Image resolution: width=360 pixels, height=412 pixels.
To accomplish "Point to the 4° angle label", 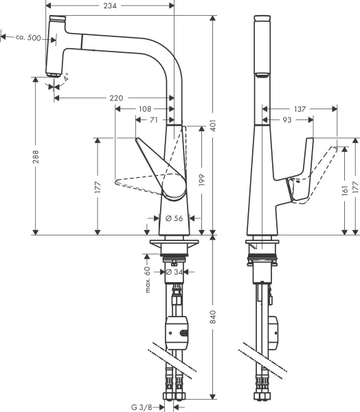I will (67, 80).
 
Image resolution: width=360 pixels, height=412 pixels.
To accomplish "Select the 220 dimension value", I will (116, 98).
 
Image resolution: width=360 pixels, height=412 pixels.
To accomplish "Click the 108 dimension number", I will (144, 109).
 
